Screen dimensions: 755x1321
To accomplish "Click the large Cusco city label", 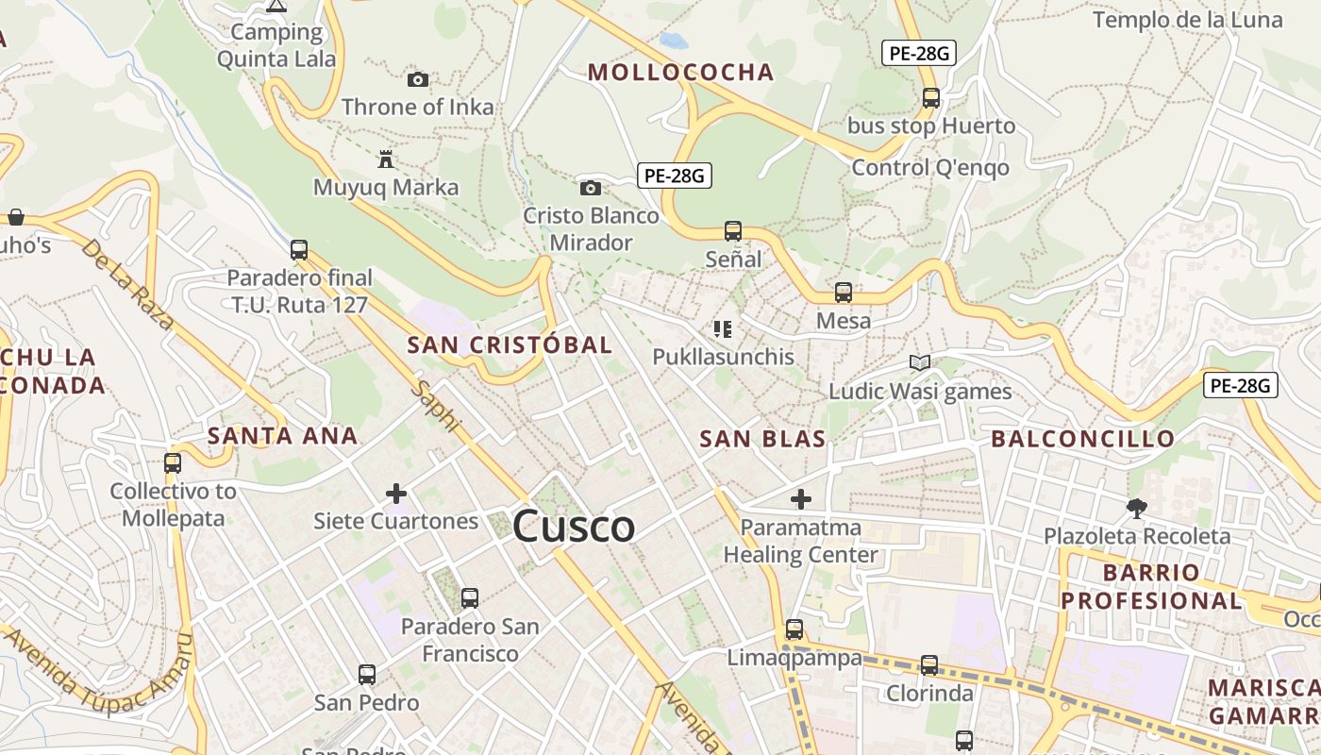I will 574,526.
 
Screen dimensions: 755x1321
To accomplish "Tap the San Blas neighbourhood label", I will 762,438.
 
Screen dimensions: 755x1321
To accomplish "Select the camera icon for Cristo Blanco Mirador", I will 591,188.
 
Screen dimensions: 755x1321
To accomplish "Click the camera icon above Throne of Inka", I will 417,80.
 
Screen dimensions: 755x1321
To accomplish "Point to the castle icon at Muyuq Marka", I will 385,159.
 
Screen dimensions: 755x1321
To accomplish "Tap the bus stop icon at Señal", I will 733,230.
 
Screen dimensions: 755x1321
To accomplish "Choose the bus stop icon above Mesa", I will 844,293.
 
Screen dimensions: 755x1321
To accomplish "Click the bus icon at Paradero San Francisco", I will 469,597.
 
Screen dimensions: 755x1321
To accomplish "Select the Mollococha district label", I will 680,72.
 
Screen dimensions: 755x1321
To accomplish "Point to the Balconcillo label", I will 1082,438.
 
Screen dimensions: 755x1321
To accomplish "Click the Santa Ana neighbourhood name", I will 282,435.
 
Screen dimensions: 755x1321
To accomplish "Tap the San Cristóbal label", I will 510,345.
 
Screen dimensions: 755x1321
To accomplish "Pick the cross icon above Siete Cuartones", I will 396,493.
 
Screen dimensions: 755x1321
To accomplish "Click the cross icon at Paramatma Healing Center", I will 801,498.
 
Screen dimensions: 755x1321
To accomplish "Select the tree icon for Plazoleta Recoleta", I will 1136,508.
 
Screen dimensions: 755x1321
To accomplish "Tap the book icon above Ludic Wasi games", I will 919,362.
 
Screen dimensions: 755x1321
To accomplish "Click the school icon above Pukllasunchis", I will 723,329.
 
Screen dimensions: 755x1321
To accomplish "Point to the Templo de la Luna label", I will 1187,20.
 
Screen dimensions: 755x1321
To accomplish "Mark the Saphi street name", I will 435,407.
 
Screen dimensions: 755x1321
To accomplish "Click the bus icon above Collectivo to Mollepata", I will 173,462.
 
